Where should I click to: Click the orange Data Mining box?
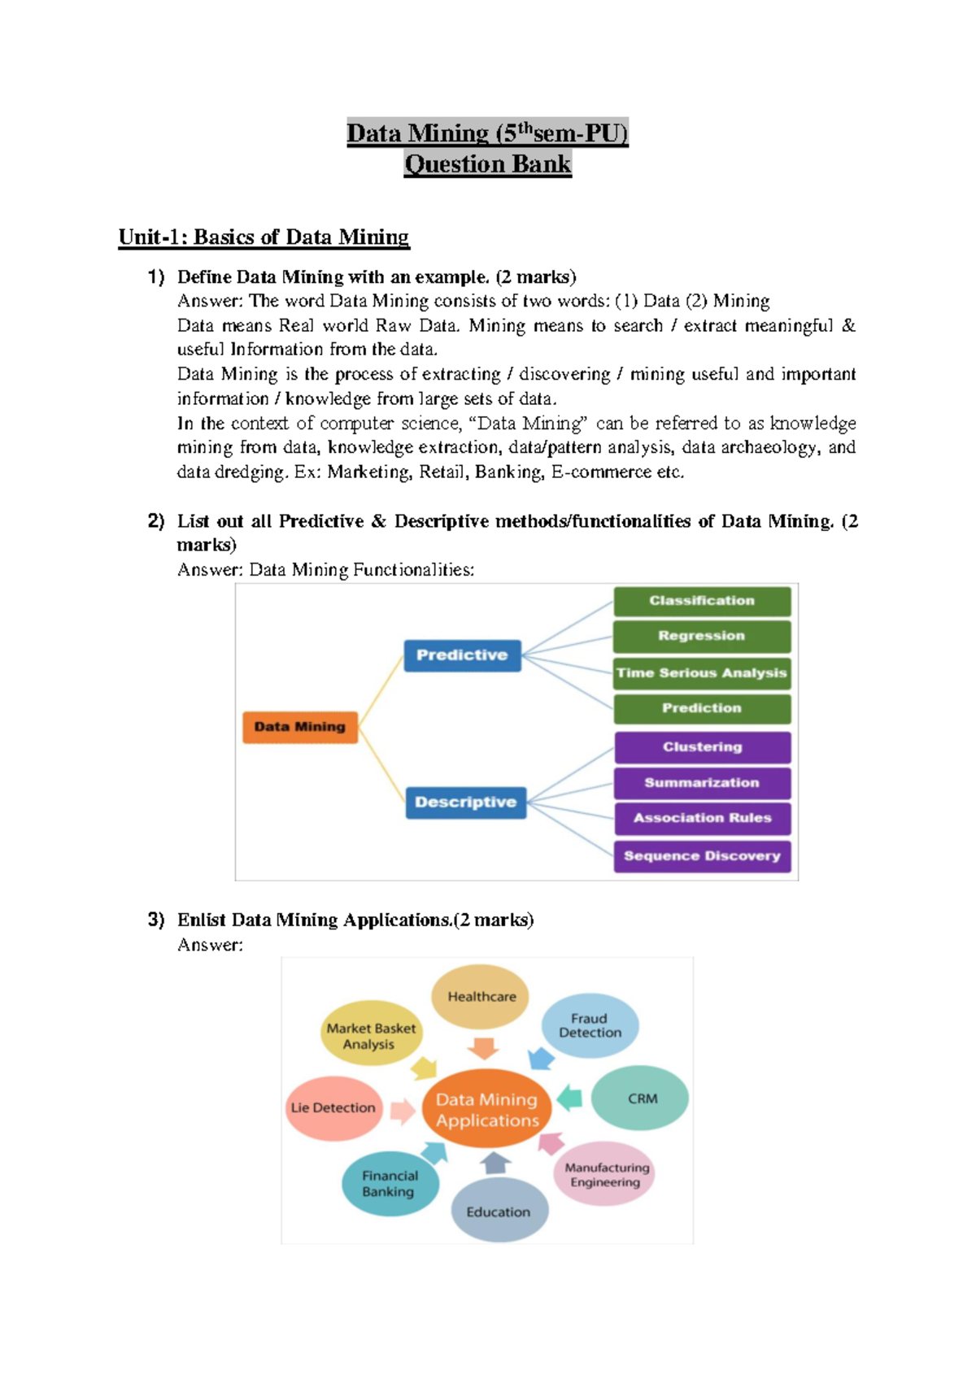300,727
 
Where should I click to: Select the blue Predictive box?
462,655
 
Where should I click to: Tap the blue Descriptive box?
465,803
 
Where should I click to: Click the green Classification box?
701,601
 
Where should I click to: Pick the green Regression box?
701,636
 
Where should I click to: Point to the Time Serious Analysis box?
701,673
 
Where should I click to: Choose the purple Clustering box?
702,747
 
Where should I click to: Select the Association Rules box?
702,818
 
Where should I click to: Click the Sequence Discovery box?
702,856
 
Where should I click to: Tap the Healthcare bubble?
481,997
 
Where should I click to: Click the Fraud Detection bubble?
590,1025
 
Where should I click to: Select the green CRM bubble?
641,1098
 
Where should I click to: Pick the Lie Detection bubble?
333,1107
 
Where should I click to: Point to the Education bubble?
499,1212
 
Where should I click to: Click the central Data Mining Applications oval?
487,1110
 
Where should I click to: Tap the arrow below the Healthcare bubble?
484,1048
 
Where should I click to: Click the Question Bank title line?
488,164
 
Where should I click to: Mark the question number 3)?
155,920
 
